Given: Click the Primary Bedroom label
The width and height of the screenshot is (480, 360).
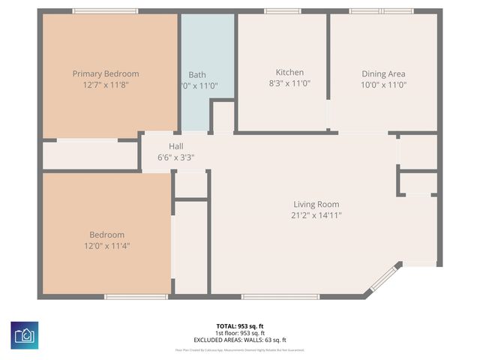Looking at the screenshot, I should click(x=106, y=73).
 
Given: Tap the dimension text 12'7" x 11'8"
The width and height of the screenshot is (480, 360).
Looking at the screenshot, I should click(x=106, y=85).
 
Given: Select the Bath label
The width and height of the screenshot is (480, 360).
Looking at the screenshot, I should click(x=197, y=74).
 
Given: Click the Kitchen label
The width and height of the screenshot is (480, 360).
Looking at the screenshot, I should click(x=289, y=73).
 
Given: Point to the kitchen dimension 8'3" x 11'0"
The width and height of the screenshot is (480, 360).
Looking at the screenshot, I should click(x=289, y=85).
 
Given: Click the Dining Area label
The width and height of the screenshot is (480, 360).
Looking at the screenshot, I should click(x=383, y=73).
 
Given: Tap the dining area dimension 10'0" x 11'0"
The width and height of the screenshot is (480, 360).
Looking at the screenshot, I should click(x=383, y=85).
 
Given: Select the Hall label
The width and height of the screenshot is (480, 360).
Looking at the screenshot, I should click(x=175, y=146).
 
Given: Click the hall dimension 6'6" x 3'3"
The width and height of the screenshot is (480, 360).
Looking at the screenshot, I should click(x=175, y=158).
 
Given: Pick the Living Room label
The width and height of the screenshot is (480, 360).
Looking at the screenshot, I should click(x=316, y=204).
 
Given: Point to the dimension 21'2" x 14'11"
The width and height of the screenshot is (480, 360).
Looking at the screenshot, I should click(x=316, y=216).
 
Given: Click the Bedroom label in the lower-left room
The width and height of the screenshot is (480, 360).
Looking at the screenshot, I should click(x=106, y=234).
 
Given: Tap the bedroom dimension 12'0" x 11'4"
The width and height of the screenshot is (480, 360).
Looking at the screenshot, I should click(x=106, y=246).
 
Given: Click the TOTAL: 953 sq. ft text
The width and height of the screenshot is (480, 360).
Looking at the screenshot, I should click(x=240, y=325).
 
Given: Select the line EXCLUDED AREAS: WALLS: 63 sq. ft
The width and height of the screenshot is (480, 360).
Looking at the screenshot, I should click(x=240, y=340).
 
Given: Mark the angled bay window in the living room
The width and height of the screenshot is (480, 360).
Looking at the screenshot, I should click(x=382, y=278).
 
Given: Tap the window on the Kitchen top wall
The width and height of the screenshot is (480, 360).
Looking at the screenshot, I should click(x=282, y=11).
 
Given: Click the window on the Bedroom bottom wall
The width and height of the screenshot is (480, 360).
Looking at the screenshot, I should click(x=136, y=297).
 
